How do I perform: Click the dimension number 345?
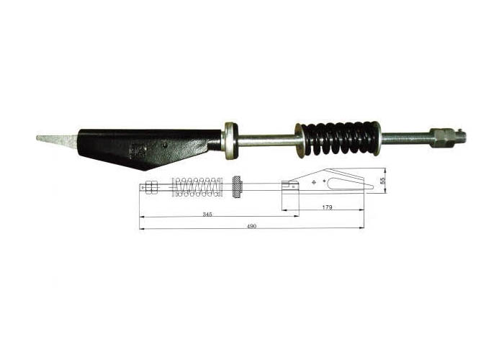(x=207, y=215)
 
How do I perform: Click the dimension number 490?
(x=251, y=226)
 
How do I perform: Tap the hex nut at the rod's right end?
(x=441, y=136)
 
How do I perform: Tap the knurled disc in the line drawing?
(x=237, y=186)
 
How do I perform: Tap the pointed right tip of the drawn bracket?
(x=372, y=186)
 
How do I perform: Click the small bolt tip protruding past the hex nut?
(x=461, y=134)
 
